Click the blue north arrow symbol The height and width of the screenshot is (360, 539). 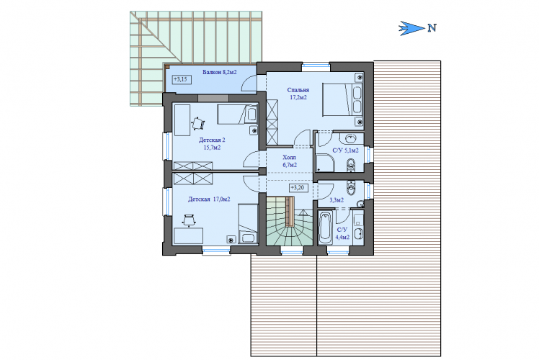[411, 28]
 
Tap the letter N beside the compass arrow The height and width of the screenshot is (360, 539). [432, 28]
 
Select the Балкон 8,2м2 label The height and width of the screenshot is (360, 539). [219, 72]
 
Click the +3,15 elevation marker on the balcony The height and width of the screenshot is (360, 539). [182, 79]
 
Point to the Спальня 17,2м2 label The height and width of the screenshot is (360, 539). [298, 94]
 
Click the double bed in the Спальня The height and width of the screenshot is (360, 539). [342, 99]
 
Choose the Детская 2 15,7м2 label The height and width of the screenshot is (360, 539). [212, 143]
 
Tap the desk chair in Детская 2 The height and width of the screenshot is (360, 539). [198, 123]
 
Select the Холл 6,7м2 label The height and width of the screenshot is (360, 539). [290, 161]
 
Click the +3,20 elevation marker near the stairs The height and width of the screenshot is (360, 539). [298, 188]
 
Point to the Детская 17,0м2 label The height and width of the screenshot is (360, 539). [209, 199]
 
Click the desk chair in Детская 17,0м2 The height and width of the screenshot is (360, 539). [189, 220]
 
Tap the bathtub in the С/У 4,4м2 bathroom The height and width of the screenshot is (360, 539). [325, 228]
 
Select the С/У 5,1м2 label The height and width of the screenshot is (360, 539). [345, 150]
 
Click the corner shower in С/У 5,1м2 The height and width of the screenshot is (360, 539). [325, 163]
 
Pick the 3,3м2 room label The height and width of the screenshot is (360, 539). [337, 200]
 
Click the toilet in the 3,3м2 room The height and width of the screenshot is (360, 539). [351, 187]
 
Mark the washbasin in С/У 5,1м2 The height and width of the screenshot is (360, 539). [351, 139]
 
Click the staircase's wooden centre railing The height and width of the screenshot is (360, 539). [290, 211]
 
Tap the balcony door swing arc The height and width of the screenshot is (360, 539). [247, 83]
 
